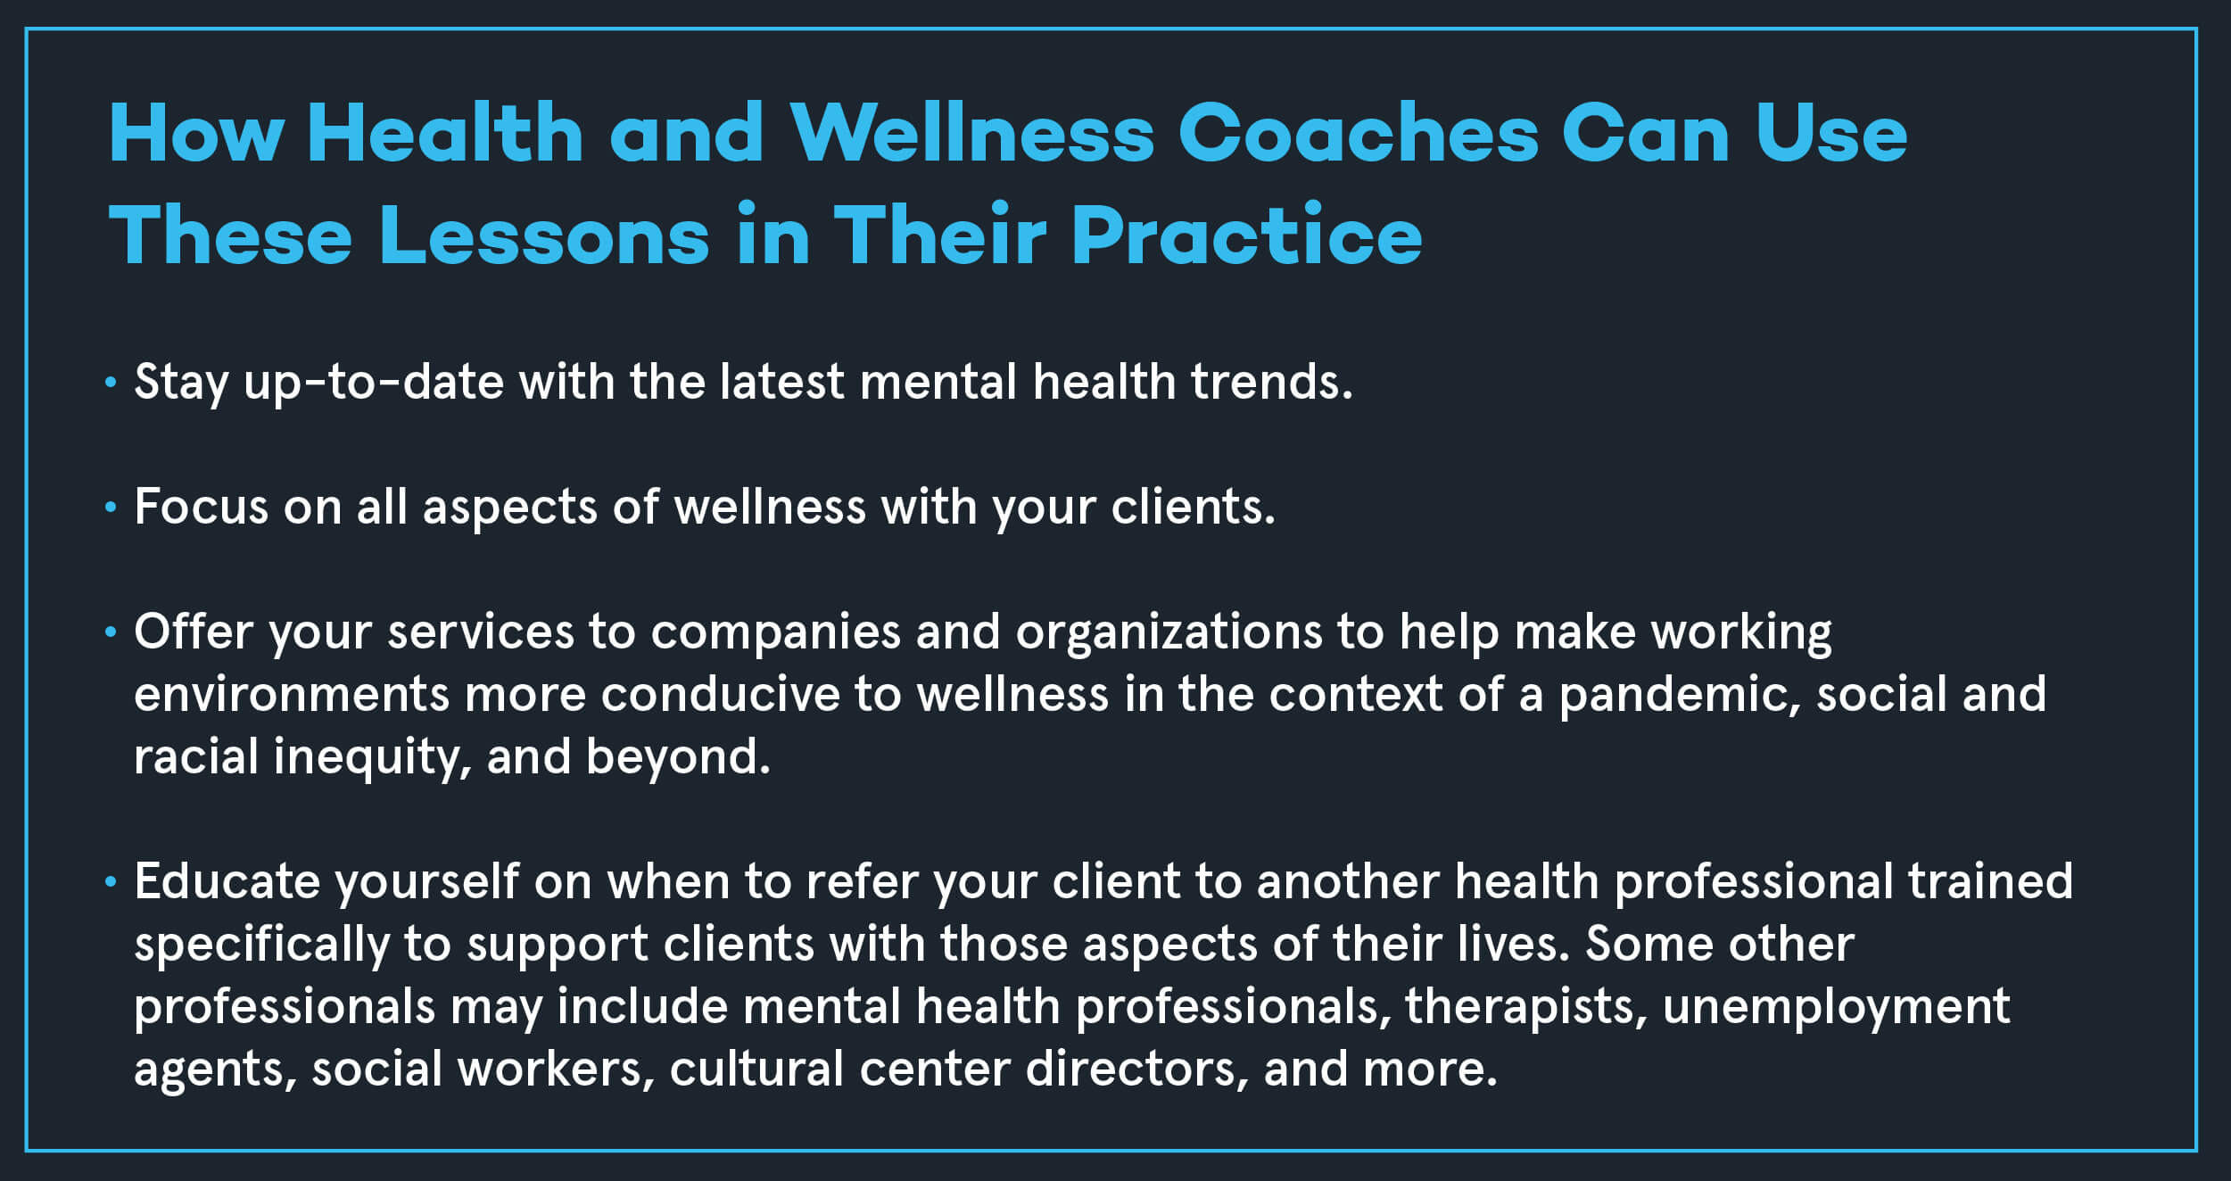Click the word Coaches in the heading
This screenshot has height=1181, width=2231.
click(x=1359, y=133)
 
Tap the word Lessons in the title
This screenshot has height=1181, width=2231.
click(x=544, y=235)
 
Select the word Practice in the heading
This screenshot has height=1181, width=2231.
click(x=1246, y=235)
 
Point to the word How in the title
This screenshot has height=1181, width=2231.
click(x=196, y=133)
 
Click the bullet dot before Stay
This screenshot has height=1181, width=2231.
click(x=111, y=383)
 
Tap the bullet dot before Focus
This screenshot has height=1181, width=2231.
click(x=111, y=508)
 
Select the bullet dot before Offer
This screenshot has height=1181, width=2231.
click(x=111, y=632)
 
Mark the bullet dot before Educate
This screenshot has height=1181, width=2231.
click(x=111, y=882)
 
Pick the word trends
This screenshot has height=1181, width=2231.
click(x=1271, y=382)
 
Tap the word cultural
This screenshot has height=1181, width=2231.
click(x=756, y=1069)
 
